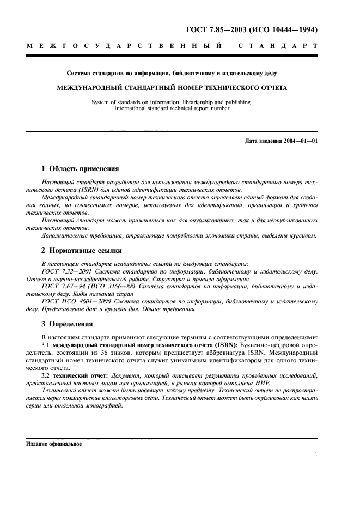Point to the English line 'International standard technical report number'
click(172, 108)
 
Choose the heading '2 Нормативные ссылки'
click(82, 251)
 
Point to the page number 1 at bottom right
click(316, 454)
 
